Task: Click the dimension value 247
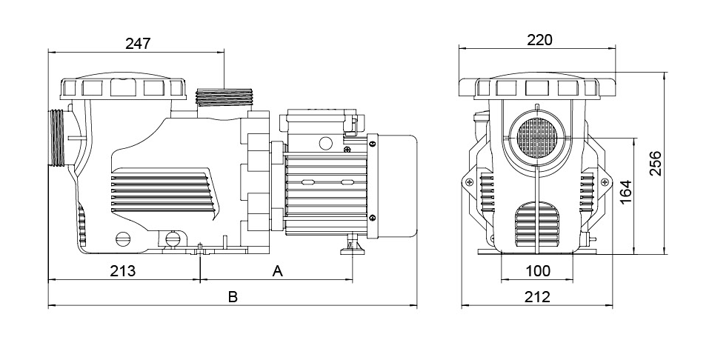tap(138, 42)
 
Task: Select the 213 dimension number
tap(123, 270)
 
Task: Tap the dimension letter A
tap(278, 270)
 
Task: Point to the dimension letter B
tap(232, 297)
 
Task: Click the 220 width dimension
tap(539, 40)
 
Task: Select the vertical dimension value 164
tap(626, 192)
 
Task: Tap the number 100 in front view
tap(538, 271)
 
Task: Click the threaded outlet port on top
tap(224, 97)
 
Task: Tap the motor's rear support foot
tap(350, 245)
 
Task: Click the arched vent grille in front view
tap(538, 222)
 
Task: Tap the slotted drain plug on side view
tap(123, 239)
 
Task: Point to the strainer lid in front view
tap(539, 87)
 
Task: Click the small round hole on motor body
tap(324, 142)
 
